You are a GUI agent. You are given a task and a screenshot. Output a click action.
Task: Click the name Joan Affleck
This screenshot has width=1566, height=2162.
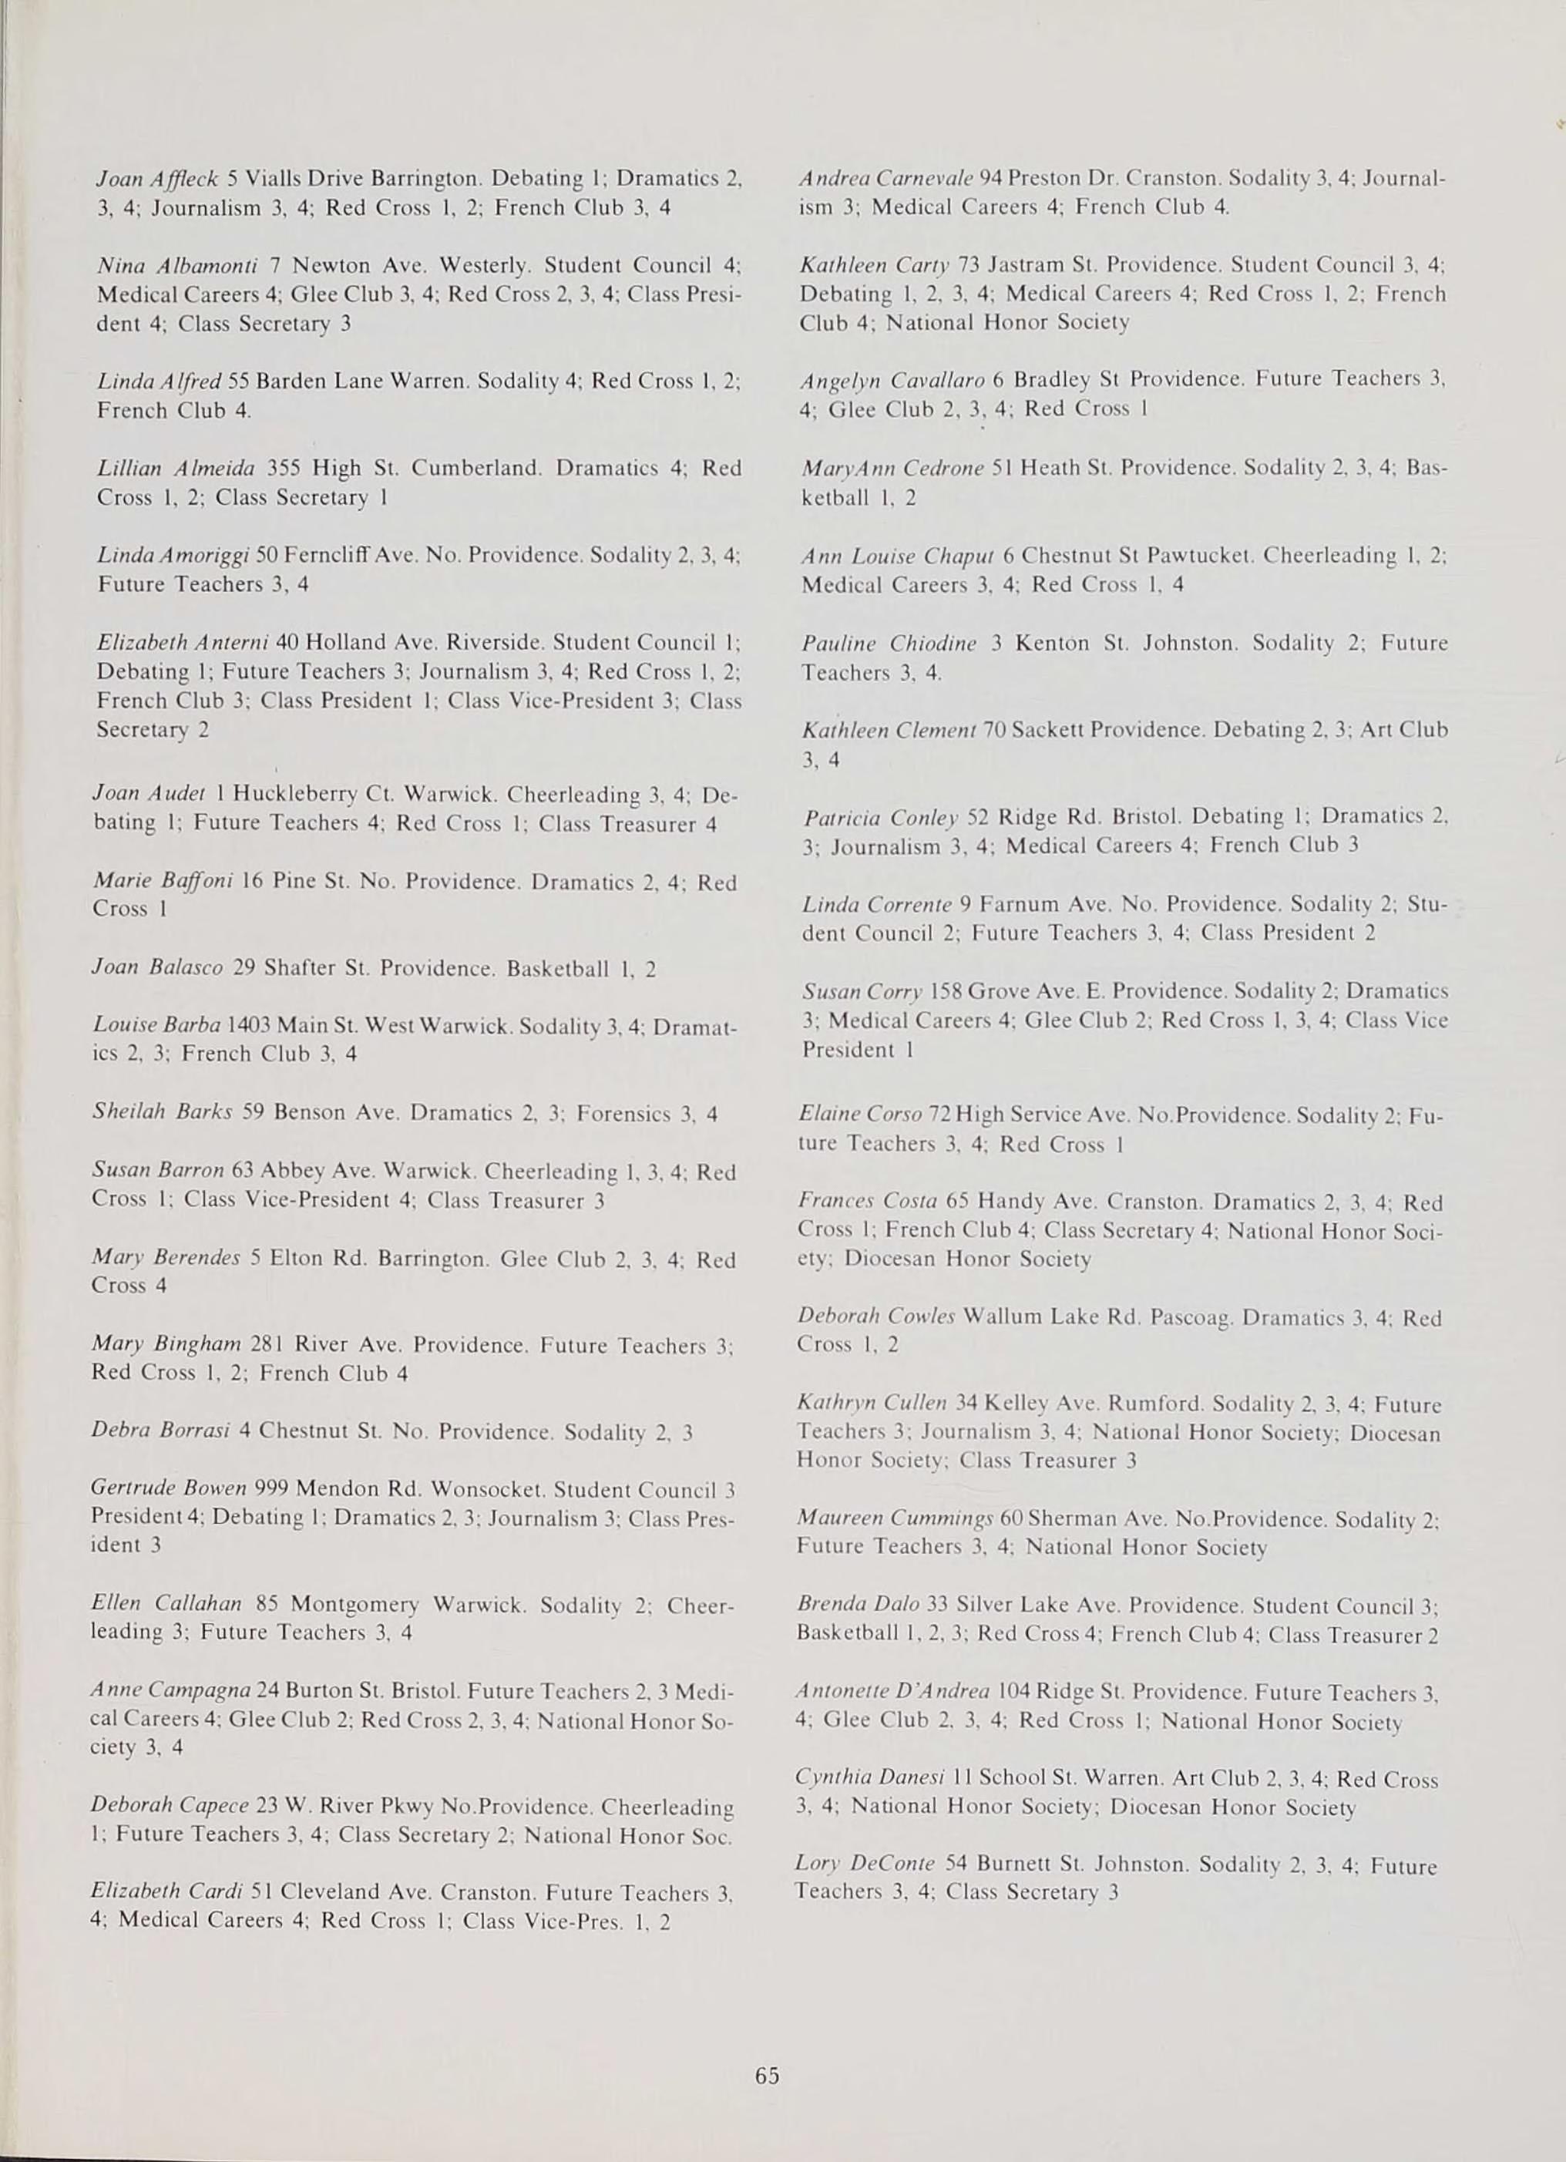158,178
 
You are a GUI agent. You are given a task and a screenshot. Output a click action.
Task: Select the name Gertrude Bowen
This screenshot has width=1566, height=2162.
169,1488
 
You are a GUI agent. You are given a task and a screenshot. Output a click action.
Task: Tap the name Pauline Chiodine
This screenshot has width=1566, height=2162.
889,644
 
